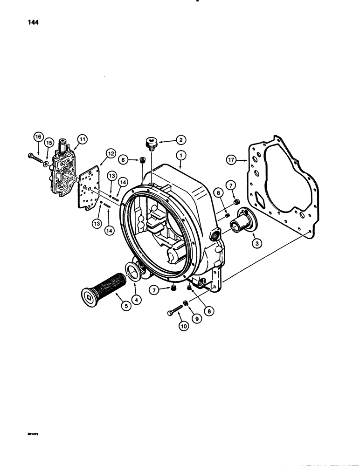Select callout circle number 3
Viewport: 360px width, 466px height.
256,242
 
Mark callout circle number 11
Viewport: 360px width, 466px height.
83,139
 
